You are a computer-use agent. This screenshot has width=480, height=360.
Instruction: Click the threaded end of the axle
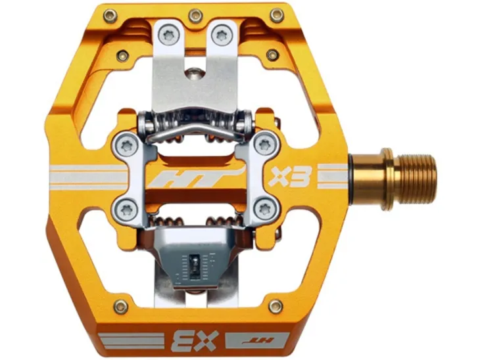click(418, 178)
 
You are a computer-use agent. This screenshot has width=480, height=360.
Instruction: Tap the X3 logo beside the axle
click(290, 176)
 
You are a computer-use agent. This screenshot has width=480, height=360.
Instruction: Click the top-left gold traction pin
click(110, 16)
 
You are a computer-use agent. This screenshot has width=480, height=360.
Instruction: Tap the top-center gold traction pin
click(195, 16)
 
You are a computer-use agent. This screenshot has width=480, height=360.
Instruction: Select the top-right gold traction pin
click(277, 16)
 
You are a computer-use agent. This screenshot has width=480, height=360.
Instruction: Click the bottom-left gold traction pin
click(121, 306)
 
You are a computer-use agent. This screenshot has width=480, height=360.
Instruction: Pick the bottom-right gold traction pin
click(276, 306)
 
